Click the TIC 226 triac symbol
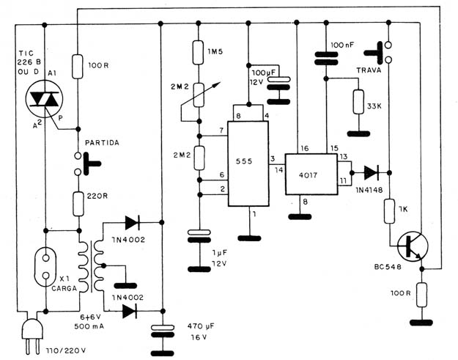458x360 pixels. (x=45, y=99)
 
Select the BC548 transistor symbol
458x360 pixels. (x=413, y=246)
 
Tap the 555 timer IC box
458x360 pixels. (x=248, y=164)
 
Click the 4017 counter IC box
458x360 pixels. (x=311, y=175)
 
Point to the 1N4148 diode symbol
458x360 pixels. (x=372, y=173)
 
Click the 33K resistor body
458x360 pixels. (x=358, y=102)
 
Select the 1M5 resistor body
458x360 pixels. (x=198, y=52)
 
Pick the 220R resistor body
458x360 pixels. (x=78, y=204)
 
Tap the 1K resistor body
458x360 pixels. (x=389, y=211)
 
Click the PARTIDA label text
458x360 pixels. (x=102, y=143)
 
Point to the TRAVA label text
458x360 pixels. (x=369, y=70)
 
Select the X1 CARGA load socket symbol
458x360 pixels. (x=45, y=266)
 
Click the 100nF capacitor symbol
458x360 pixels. (x=326, y=58)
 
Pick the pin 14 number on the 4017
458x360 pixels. (x=279, y=170)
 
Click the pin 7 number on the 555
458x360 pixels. (x=221, y=131)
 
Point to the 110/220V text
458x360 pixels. (x=66, y=350)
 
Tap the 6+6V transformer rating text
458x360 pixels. (x=89, y=317)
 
